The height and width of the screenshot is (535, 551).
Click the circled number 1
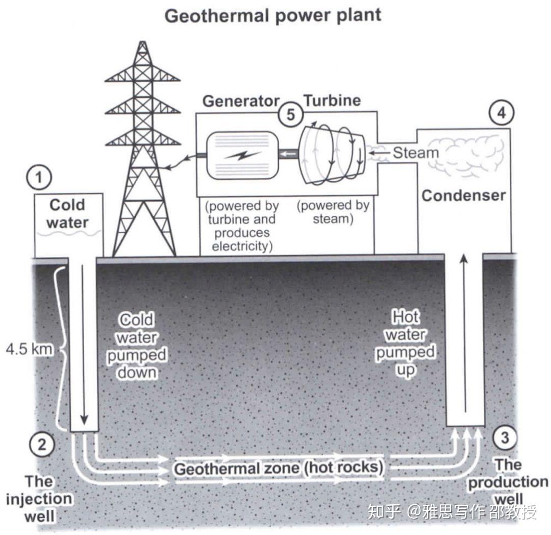coord(39,178)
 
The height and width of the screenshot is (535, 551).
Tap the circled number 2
coord(42,444)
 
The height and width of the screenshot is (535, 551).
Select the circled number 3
coord(505,437)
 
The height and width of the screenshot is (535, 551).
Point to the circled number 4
coord(501,113)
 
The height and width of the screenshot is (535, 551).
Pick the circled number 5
coord(291,114)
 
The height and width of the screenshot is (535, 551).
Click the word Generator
coord(241,101)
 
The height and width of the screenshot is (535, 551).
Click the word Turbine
coord(333,101)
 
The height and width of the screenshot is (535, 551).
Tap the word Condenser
coord(463,196)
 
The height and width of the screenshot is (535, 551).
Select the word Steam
coord(416,153)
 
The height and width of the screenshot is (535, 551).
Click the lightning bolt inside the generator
coord(242,155)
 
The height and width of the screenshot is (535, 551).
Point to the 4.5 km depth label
coord(30,349)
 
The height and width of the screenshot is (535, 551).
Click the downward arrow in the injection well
coord(84,345)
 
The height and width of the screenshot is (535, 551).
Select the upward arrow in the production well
coord(465,332)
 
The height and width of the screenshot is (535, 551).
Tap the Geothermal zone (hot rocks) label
coord(279,468)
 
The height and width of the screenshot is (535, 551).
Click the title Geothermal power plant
coord(273,16)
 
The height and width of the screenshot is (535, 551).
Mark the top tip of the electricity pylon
coord(142,41)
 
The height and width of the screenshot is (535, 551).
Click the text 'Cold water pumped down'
coord(137,346)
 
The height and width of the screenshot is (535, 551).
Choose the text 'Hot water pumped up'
coord(406,343)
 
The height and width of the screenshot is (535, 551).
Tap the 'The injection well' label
coord(39,499)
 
